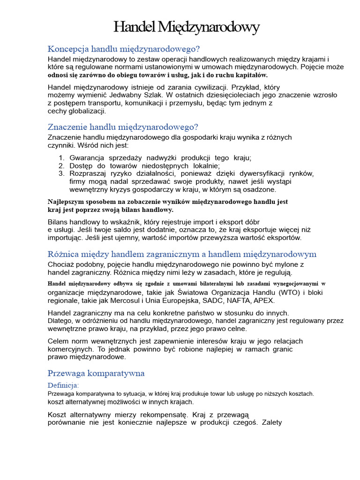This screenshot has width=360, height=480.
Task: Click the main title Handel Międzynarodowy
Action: [x=186, y=28]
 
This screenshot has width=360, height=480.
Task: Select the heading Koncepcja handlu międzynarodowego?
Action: [x=124, y=49]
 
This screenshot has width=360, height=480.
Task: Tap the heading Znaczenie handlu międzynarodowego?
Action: [x=123, y=127]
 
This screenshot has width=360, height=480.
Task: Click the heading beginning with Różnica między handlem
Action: [x=182, y=254]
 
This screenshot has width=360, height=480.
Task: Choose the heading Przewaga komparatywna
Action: [x=96, y=373]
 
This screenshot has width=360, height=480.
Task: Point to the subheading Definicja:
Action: [x=63, y=385]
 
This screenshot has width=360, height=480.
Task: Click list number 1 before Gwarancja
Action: [x=61, y=158]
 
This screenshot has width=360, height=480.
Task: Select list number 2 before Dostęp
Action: [x=61, y=165]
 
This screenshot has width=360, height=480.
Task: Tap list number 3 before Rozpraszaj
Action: [x=61, y=173]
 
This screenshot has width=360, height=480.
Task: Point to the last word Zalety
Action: [x=269, y=422]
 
